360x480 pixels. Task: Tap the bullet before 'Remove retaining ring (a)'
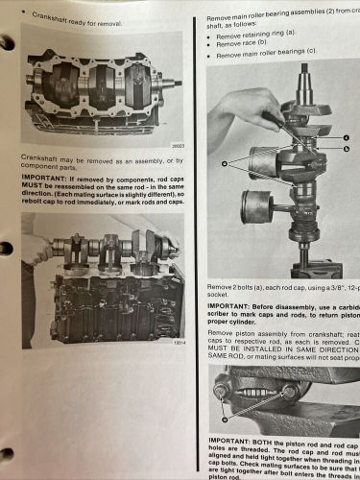[210, 35]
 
